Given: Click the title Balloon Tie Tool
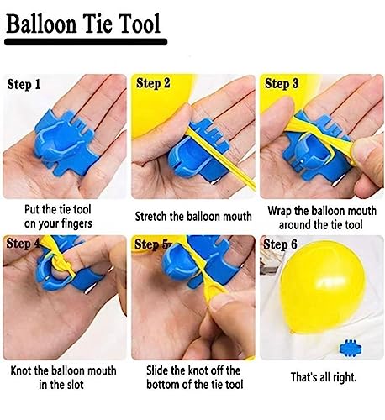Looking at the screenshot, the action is point(83,24).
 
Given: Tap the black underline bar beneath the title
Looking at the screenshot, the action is point(86,42).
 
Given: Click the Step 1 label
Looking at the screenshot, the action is point(24,84).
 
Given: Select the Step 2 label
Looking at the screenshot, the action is point(153,83).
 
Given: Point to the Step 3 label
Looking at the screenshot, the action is point(282,83).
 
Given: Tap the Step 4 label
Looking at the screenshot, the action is point(24,244).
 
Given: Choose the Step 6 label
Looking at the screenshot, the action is point(280,244).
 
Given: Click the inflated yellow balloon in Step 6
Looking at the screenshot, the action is point(322,288).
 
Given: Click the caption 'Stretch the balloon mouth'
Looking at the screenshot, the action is point(193,217).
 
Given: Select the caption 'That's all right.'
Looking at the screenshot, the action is point(324,377).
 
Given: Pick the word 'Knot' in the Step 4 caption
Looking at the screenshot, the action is point(21,370).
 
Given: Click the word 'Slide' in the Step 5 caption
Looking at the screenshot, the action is point(157,370).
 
